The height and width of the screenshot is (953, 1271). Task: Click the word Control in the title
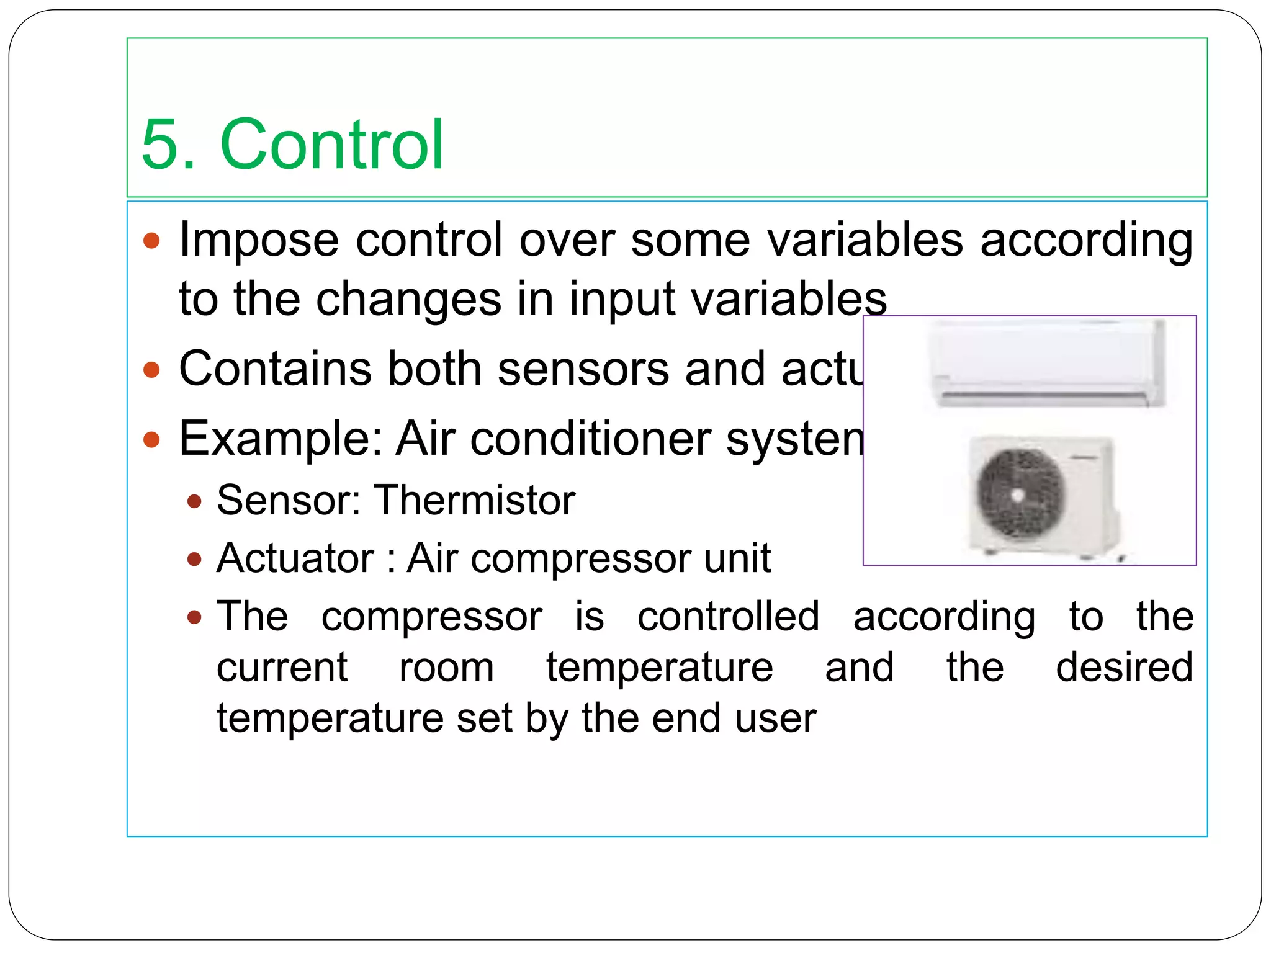tap(331, 145)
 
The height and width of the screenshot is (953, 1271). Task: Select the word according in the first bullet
tap(1086, 240)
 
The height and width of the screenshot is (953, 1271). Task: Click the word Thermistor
tap(475, 500)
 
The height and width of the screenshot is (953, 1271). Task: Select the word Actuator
tap(295, 558)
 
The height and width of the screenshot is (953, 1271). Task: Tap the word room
tap(446, 668)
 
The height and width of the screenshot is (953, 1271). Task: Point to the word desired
tap(1124, 668)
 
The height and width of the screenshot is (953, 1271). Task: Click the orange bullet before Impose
tap(151, 241)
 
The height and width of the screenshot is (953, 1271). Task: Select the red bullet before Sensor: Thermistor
tap(194, 501)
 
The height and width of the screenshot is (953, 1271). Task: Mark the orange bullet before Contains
tap(151, 370)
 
